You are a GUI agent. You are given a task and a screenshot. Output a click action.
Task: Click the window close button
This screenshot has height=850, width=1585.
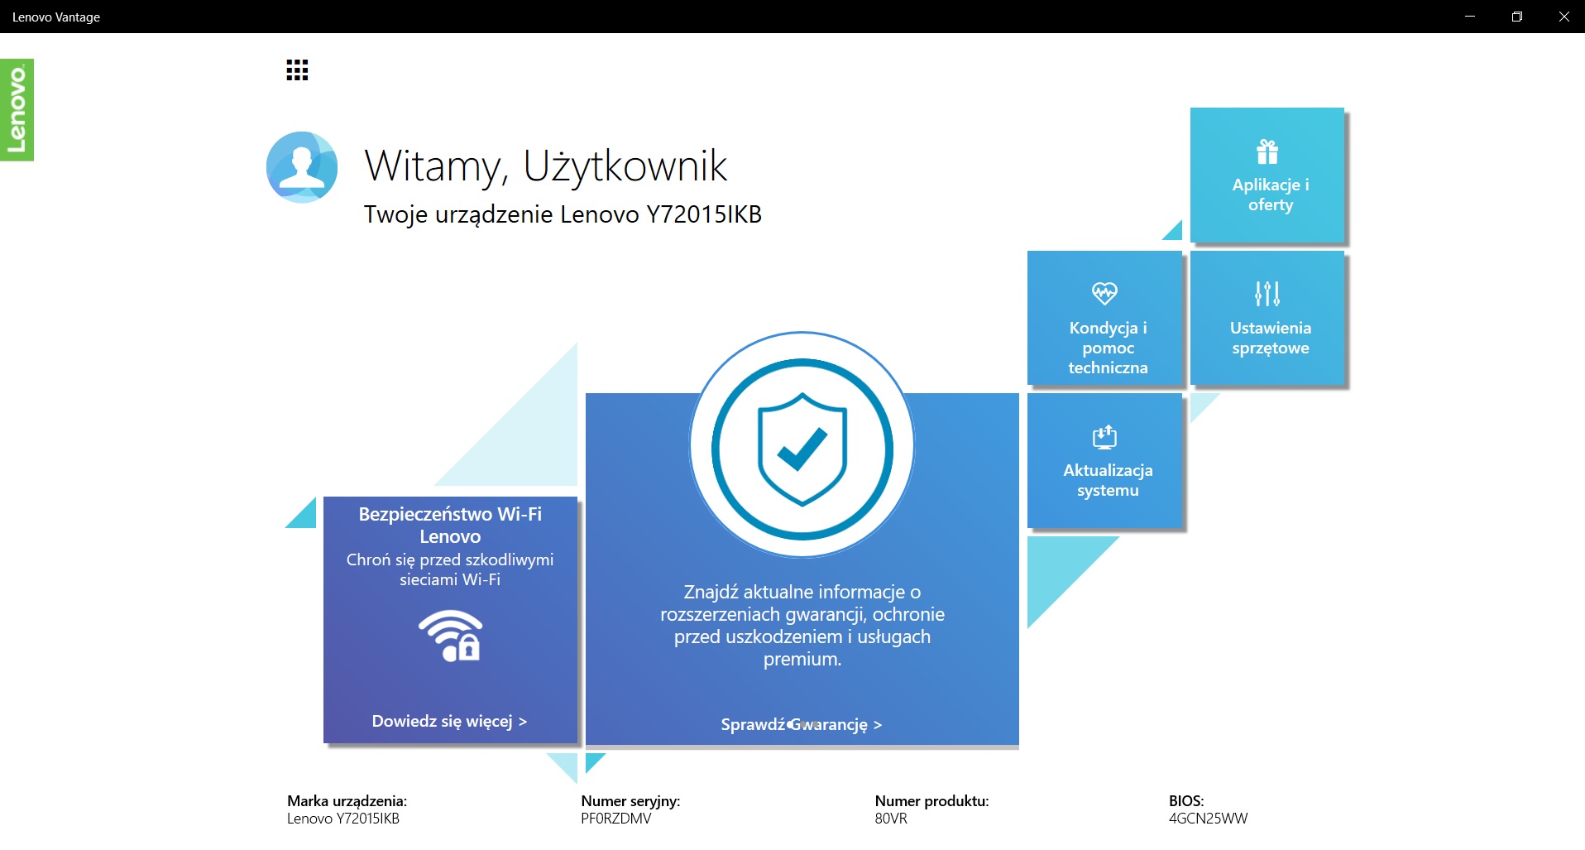(x=1563, y=17)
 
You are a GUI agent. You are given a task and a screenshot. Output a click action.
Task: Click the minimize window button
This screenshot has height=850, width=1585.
(x=1470, y=17)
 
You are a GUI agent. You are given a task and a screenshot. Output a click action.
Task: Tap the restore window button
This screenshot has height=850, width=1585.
(x=1517, y=17)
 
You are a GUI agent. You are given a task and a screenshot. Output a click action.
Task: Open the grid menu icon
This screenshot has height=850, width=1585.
(x=297, y=70)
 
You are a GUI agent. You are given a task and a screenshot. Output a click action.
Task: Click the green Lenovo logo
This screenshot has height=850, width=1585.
(x=17, y=110)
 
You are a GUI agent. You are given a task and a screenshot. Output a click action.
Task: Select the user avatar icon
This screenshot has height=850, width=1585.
(x=302, y=167)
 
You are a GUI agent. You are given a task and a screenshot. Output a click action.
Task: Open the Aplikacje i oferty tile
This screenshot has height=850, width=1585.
(x=1267, y=175)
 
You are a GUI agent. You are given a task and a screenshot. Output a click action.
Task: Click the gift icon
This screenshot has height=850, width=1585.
(x=1267, y=151)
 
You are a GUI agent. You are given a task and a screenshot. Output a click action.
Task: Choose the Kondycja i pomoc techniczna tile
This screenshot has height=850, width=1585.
(x=1105, y=318)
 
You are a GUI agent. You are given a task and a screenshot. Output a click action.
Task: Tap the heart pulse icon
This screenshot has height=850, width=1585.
(x=1104, y=293)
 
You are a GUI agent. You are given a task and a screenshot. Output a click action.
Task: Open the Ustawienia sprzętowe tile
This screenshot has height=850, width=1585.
(x=1267, y=318)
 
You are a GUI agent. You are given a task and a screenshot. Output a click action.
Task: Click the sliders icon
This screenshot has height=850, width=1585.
(x=1267, y=293)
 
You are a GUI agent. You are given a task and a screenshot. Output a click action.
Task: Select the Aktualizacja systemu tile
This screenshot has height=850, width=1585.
(x=1105, y=460)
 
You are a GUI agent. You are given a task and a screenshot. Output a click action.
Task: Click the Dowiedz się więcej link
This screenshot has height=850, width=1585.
(x=449, y=722)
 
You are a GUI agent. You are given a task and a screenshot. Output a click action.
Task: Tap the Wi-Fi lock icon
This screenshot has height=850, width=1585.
(x=450, y=636)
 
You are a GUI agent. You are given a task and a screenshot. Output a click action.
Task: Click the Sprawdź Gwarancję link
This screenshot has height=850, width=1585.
(x=802, y=725)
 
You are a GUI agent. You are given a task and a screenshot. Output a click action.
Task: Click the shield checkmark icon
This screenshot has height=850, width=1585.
(x=802, y=449)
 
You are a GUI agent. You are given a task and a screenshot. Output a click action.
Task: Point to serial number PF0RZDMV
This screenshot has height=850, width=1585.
(x=616, y=819)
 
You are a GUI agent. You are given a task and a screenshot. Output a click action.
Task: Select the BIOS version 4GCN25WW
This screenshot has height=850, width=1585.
(x=1208, y=819)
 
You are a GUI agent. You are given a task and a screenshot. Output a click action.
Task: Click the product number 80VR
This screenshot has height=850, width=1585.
(x=891, y=819)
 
